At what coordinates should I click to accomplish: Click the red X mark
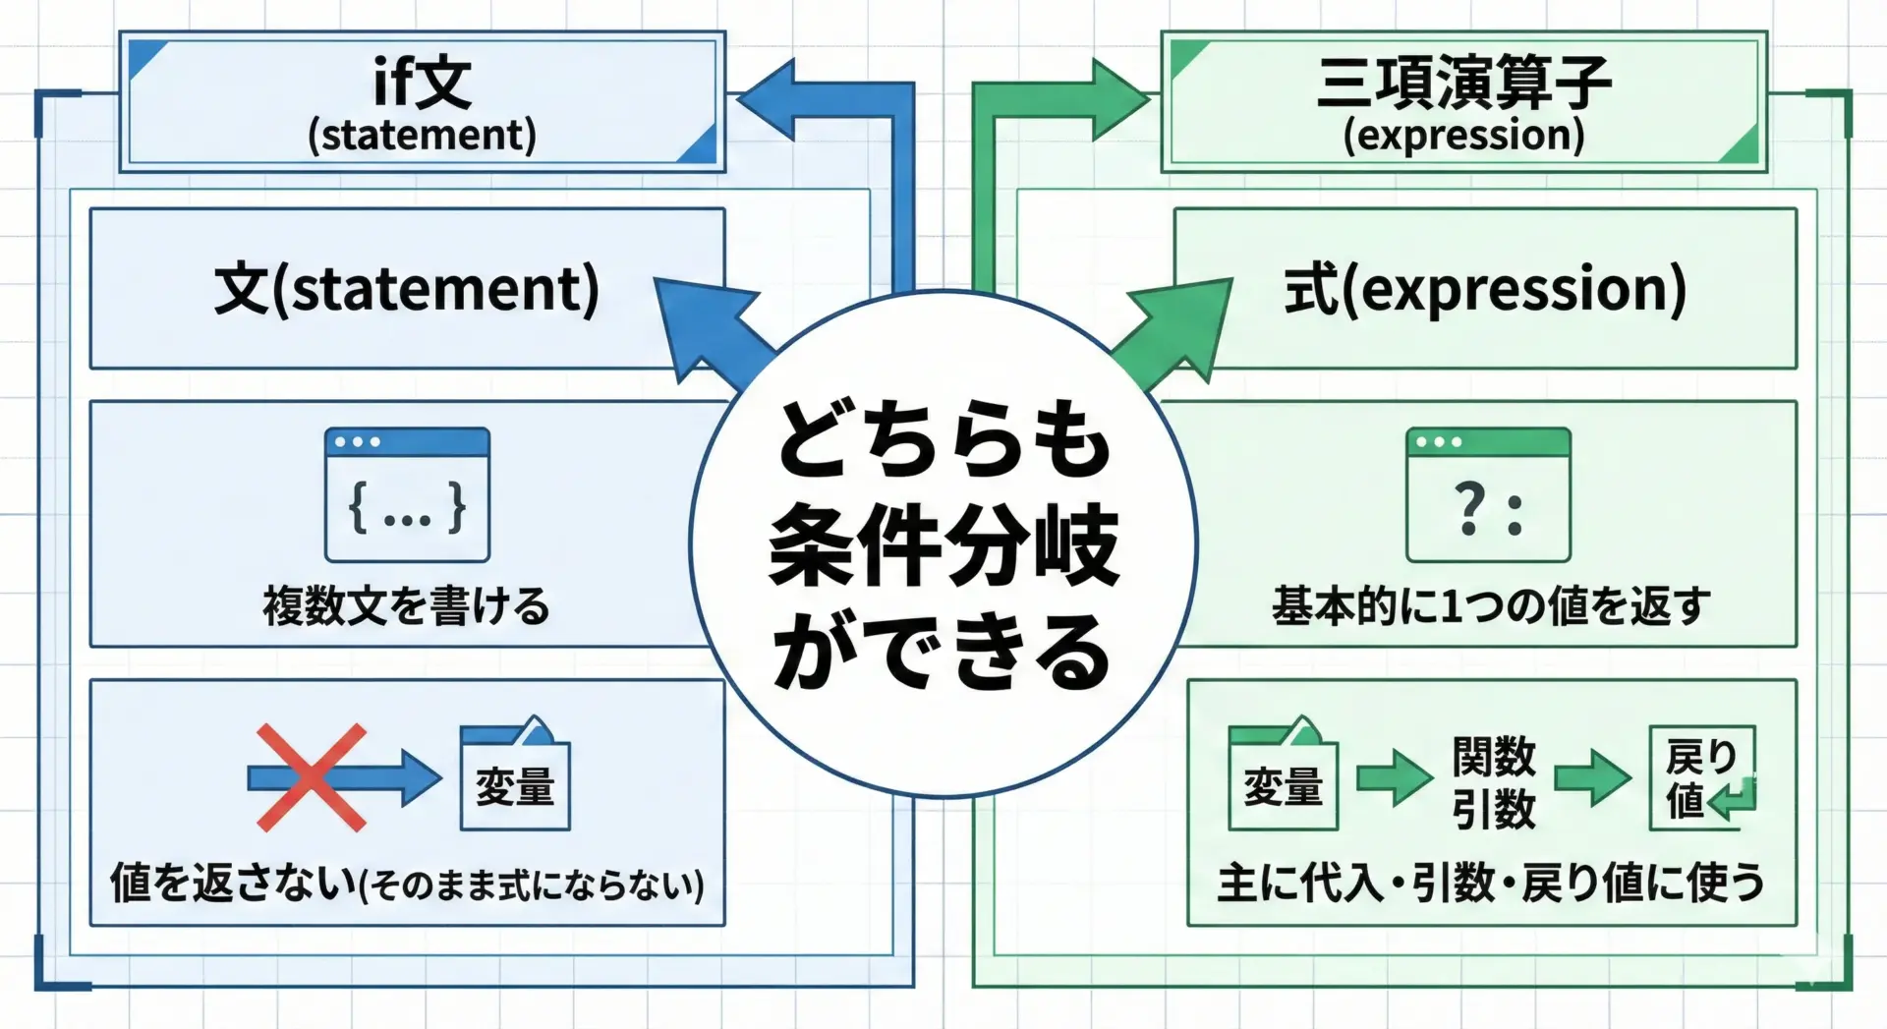tap(311, 777)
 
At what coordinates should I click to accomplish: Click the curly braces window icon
tap(407, 495)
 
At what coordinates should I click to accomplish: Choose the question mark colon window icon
tap(1488, 495)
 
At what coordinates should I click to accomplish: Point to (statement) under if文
tap(423, 136)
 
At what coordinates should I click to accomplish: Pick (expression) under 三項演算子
tap(1463, 136)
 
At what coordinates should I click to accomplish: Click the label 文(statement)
tap(406, 289)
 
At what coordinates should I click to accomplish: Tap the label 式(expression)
tap(1485, 289)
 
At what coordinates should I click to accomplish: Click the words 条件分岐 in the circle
tap(943, 545)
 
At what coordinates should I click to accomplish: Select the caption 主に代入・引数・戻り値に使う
tap(1490, 883)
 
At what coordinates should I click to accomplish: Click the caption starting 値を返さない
tap(406, 883)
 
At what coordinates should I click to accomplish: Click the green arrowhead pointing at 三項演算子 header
tap(1120, 99)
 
